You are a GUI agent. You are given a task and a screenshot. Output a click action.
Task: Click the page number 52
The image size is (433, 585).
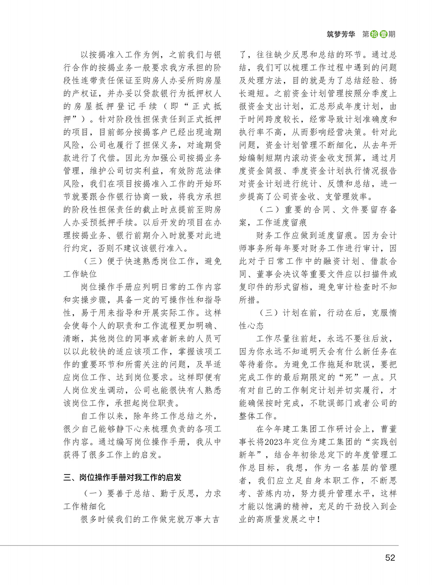[x=390, y=557]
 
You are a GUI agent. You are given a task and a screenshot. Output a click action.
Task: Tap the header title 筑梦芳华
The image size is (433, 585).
[x=341, y=34]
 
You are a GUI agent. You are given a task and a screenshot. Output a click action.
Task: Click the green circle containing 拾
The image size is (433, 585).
[x=374, y=34]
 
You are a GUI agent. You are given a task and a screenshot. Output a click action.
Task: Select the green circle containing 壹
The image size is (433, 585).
[x=383, y=34]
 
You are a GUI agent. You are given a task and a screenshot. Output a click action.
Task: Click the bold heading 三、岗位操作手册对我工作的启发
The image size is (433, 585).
[x=122, y=477]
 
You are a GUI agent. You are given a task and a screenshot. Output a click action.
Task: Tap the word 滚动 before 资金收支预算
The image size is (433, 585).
[x=305, y=158]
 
